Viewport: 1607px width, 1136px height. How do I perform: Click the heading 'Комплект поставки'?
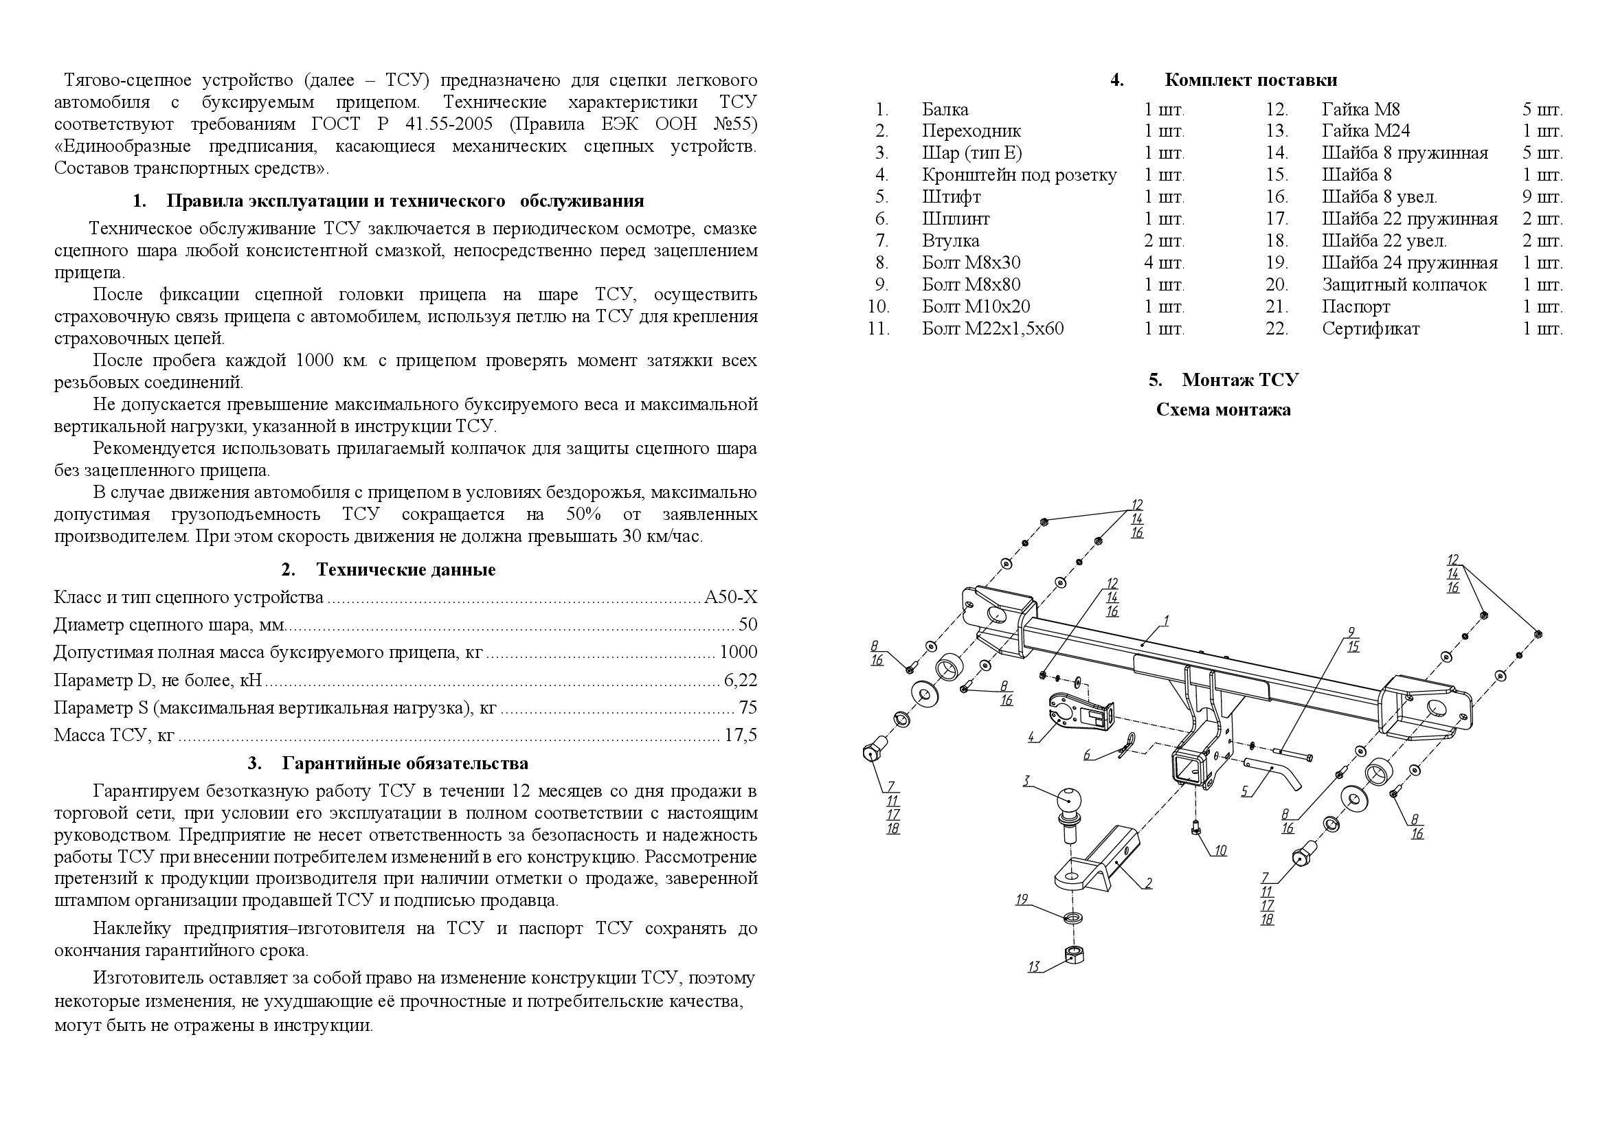tap(1250, 80)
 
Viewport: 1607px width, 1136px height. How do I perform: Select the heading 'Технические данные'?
tap(405, 569)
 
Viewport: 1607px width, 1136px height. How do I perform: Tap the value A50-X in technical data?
tap(731, 598)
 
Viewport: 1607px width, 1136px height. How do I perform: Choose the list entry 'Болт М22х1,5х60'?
tap(993, 329)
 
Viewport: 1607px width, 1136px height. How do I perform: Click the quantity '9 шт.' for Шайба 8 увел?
tap(1542, 197)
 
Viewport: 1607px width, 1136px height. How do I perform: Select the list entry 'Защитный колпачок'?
tap(1404, 285)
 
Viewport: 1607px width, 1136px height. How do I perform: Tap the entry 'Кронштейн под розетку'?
tap(1019, 175)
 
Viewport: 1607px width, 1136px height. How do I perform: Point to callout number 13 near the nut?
tap(1034, 968)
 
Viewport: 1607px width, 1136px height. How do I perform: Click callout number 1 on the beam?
tap(1167, 620)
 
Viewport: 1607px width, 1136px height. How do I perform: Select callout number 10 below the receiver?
tap(1220, 850)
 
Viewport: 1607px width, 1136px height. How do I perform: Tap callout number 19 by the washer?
tap(1022, 900)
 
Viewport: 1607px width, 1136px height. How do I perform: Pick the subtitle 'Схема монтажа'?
tap(1223, 410)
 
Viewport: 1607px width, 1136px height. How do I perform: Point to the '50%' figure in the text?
tap(583, 515)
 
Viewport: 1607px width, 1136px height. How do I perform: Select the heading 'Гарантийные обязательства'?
tap(405, 763)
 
